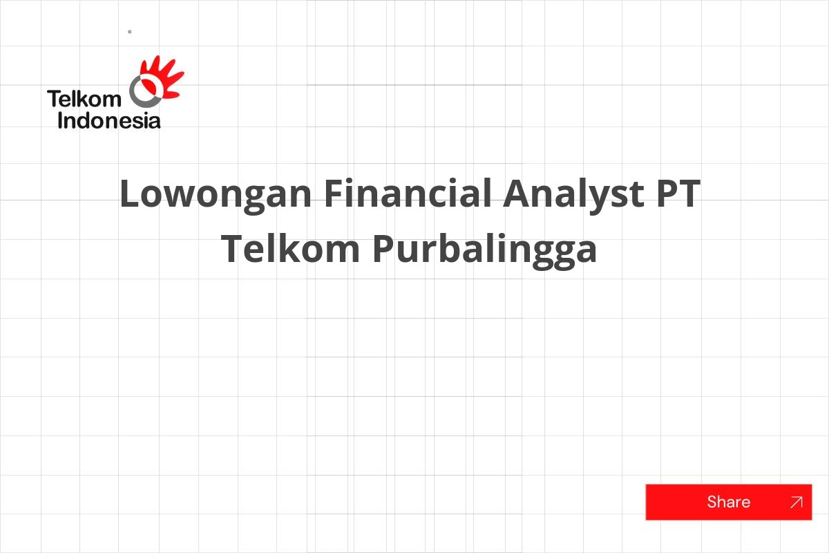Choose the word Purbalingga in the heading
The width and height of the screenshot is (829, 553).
click(485, 250)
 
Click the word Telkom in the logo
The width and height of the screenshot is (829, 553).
click(84, 99)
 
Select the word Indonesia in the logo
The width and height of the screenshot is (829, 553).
click(109, 121)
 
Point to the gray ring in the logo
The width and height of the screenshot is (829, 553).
click(144, 90)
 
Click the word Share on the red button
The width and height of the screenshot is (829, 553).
click(728, 502)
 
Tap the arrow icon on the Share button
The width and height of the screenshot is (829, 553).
click(796, 502)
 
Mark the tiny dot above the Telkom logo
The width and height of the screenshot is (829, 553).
click(130, 32)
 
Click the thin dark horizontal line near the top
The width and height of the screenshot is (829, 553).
click(414, 85)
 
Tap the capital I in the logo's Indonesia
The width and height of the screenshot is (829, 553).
click(60, 121)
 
